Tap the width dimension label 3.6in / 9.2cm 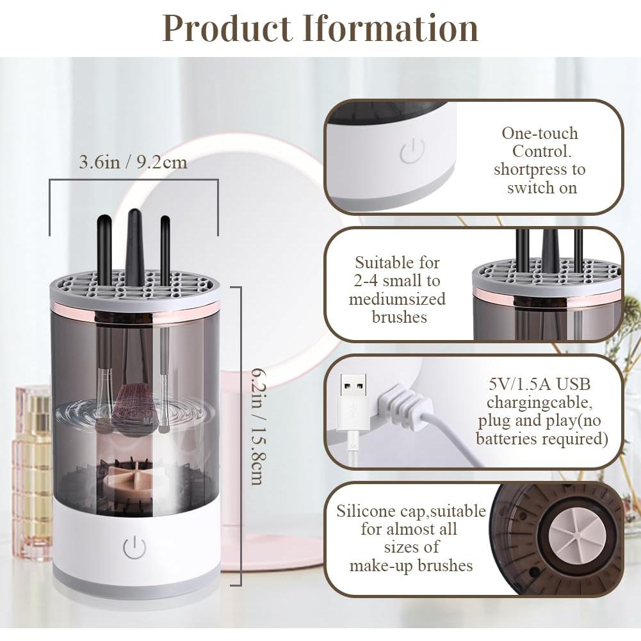pos(133,162)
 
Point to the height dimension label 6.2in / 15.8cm pos(257,426)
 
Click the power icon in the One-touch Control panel pos(412,152)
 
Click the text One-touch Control pos(540,143)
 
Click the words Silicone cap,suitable pos(411,512)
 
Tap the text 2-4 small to pos(398,280)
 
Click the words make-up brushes pos(411,565)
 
